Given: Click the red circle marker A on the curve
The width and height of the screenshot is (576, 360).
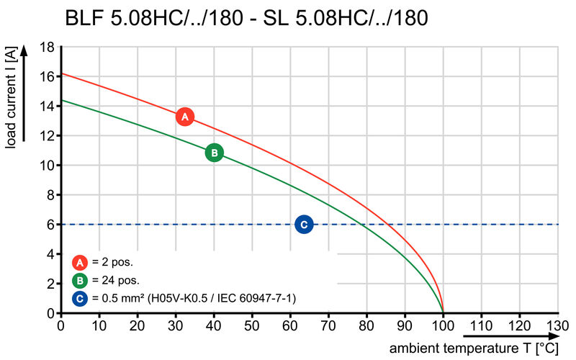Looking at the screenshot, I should [x=184, y=117].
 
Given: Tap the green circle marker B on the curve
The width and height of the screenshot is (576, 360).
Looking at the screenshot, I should [x=214, y=153].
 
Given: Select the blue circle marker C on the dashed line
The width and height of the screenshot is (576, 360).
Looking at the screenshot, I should [x=304, y=225].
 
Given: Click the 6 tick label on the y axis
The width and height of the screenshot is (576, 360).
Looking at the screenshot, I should [x=50, y=225].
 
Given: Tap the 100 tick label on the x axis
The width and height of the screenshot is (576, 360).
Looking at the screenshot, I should [x=443, y=325].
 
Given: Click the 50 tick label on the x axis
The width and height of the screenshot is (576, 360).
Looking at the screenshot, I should [x=252, y=325].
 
